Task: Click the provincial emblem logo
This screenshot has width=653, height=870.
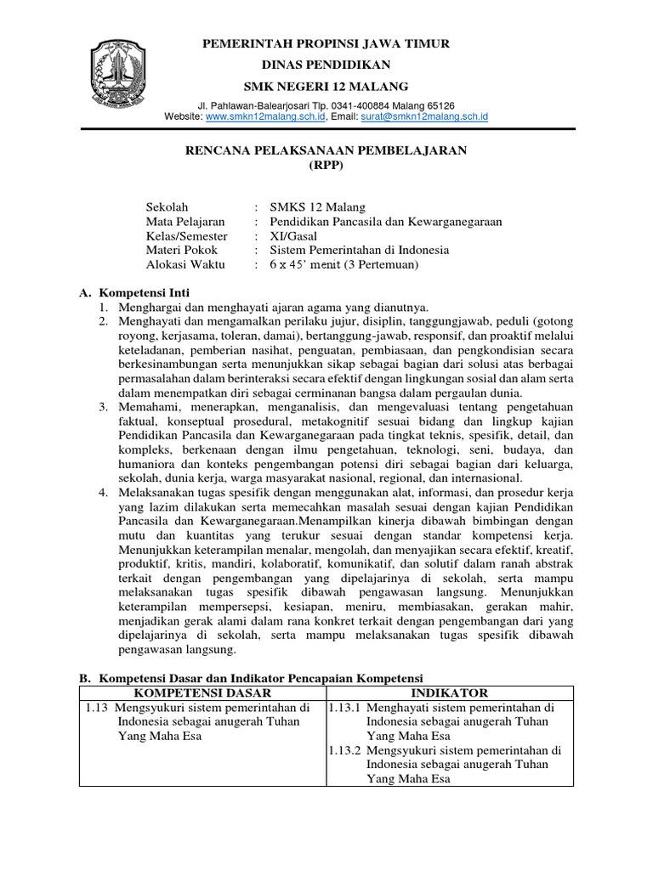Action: point(124,67)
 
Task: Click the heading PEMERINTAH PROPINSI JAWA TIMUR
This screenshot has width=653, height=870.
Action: point(326,43)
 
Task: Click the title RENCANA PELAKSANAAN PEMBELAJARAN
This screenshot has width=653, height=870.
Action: point(326,150)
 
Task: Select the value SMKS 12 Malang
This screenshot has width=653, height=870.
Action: point(317,206)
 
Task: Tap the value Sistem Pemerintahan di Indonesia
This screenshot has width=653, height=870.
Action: point(359,250)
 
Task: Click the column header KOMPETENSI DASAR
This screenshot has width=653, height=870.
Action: point(202,693)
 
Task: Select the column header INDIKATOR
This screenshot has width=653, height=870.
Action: point(451,693)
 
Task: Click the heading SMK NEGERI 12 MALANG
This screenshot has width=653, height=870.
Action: point(326,86)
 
